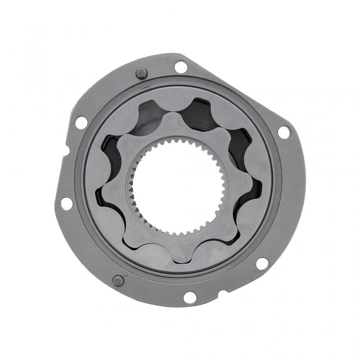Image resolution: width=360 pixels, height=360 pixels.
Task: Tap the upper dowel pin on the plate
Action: [x=142, y=73]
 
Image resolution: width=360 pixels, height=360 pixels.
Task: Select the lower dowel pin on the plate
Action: [x=118, y=281]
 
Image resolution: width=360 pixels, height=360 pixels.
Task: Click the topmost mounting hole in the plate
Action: [x=181, y=67]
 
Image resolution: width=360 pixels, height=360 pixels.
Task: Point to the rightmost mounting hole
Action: [x=284, y=132]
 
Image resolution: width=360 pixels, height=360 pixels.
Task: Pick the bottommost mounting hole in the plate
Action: [x=190, y=297]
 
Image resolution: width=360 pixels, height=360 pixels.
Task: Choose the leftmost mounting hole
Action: [x=66, y=203]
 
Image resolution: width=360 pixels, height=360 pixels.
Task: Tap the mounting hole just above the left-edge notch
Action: [x=81, y=122]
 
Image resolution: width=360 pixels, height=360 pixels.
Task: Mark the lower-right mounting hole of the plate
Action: [x=262, y=264]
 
